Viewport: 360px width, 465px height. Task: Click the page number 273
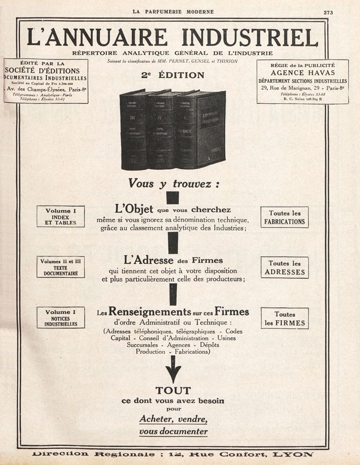coord(328,13)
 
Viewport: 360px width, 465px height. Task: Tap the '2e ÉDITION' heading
coord(173,76)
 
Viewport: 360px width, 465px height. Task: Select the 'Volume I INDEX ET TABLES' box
coord(61,217)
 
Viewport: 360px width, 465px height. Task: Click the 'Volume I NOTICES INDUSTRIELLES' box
coord(61,317)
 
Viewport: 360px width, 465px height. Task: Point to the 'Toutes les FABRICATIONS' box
coord(284,217)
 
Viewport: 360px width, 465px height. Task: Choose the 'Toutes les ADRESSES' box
coord(284,268)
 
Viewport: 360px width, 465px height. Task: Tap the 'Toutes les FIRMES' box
coord(284,318)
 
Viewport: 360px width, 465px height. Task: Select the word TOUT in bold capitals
coord(173,390)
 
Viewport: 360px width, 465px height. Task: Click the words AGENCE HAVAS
coord(302,73)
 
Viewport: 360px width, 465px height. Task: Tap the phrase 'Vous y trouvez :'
coord(173,184)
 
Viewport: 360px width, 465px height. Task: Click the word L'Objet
coord(134,209)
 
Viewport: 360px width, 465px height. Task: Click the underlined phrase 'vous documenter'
coord(173,431)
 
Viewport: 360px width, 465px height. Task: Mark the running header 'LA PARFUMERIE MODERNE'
coord(173,12)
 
